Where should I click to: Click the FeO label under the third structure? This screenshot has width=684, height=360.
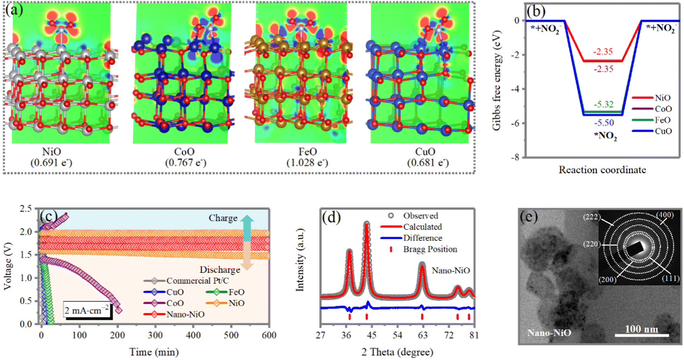pyautogui.click(x=307, y=152)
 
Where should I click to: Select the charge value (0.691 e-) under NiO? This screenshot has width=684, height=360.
pyautogui.click(x=52, y=163)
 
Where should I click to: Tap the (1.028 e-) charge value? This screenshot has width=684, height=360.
pyautogui.click(x=307, y=163)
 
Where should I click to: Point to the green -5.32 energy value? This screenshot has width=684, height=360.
pyautogui.click(x=603, y=105)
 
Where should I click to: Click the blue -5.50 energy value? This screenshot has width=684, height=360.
pyautogui.click(x=603, y=123)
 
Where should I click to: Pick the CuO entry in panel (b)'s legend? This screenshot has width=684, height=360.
pyautogui.click(x=663, y=131)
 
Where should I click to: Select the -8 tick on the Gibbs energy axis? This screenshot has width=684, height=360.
pyautogui.click(x=516, y=157)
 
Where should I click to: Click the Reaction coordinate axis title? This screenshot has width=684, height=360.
pyautogui.click(x=602, y=170)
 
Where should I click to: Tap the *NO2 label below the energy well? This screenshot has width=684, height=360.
pyautogui.click(x=605, y=136)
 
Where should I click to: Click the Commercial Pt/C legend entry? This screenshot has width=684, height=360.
pyautogui.click(x=197, y=281)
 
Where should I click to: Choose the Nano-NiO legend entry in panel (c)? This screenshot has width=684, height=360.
pyautogui.click(x=185, y=315)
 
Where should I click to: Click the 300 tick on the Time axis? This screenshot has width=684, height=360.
pyautogui.click(x=155, y=335)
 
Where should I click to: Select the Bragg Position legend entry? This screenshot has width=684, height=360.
pyautogui.click(x=430, y=249)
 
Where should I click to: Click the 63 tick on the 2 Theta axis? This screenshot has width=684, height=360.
pyautogui.click(x=422, y=335)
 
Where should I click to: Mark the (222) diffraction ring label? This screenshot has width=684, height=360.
pyautogui.click(x=591, y=218)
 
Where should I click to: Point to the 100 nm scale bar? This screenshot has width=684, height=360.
pyautogui.click(x=641, y=334)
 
